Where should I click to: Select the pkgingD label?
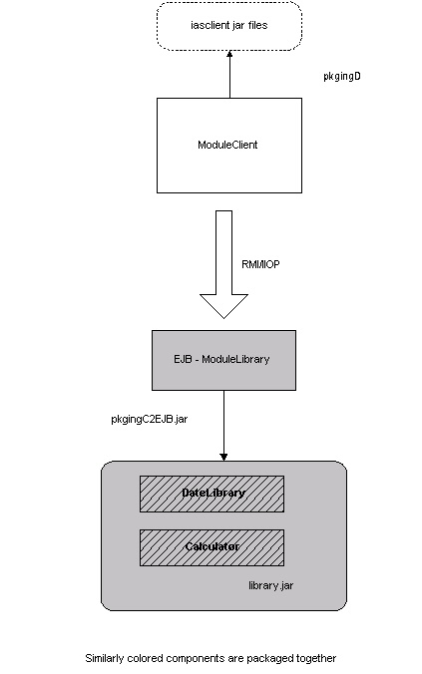pyautogui.click(x=342, y=76)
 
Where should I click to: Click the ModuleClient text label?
pyautogui.click(x=227, y=145)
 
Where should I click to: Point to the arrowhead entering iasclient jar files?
pyautogui.click(x=229, y=54)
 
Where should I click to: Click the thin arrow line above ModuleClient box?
pyautogui.click(x=229, y=75)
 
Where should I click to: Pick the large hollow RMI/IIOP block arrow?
pyautogui.click(x=223, y=264)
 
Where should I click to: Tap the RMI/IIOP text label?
pyautogui.click(x=260, y=264)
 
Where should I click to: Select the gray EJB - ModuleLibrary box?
pyautogui.click(x=223, y=360)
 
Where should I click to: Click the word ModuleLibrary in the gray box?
pyautogui.click(x=235, y=359)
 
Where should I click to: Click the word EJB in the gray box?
pyautogui.click(x=183, y=359)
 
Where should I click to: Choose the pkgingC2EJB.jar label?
pyautogui.click(x=150, y=419)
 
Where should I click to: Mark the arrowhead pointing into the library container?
pyautogui.click(x=223, y=458)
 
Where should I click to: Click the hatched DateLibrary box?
pyautogui.click(x=211, y=494)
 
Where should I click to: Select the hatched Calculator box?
pyautogui.click(x=211, y=547)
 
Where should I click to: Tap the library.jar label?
pyautogui.click(x=271, y=585)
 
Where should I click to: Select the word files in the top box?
pyautogui.click(x=257, y=25)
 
